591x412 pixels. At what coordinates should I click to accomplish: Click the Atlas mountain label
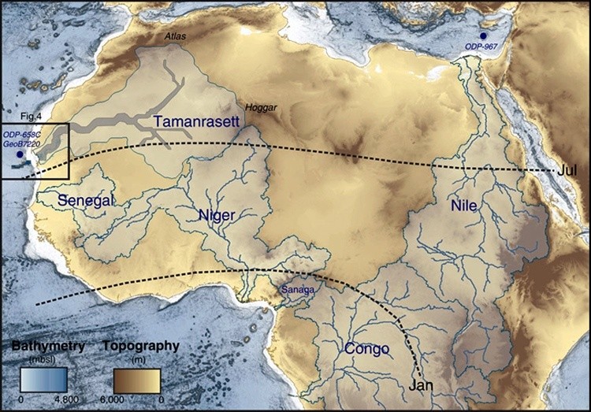177,36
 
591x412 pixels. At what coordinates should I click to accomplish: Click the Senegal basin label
85,201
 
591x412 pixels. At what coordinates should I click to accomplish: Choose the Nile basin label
464,206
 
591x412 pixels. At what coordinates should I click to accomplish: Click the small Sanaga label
298,290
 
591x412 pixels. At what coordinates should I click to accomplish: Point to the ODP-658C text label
21,135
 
